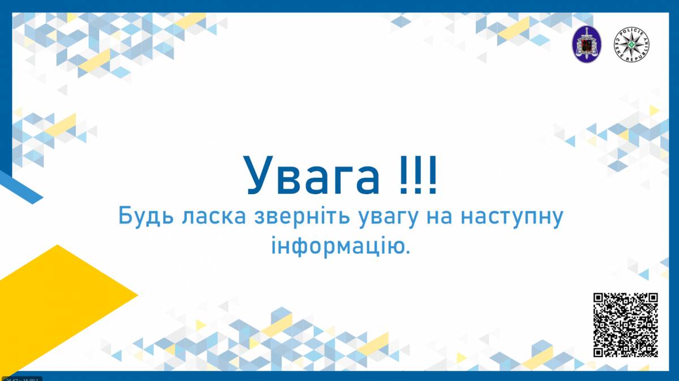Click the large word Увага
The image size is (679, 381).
[x=312, y=173]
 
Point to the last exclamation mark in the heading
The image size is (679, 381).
[x=432, y=173]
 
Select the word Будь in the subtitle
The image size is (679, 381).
[x=140, y=217]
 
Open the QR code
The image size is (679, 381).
[x=625, y=324]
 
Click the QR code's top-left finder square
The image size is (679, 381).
[x=600, y=299]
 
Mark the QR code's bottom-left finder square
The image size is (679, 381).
[x=600, y=350]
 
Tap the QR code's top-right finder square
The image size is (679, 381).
[x=651, y=299]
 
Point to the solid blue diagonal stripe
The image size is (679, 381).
[x=22, y=187]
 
